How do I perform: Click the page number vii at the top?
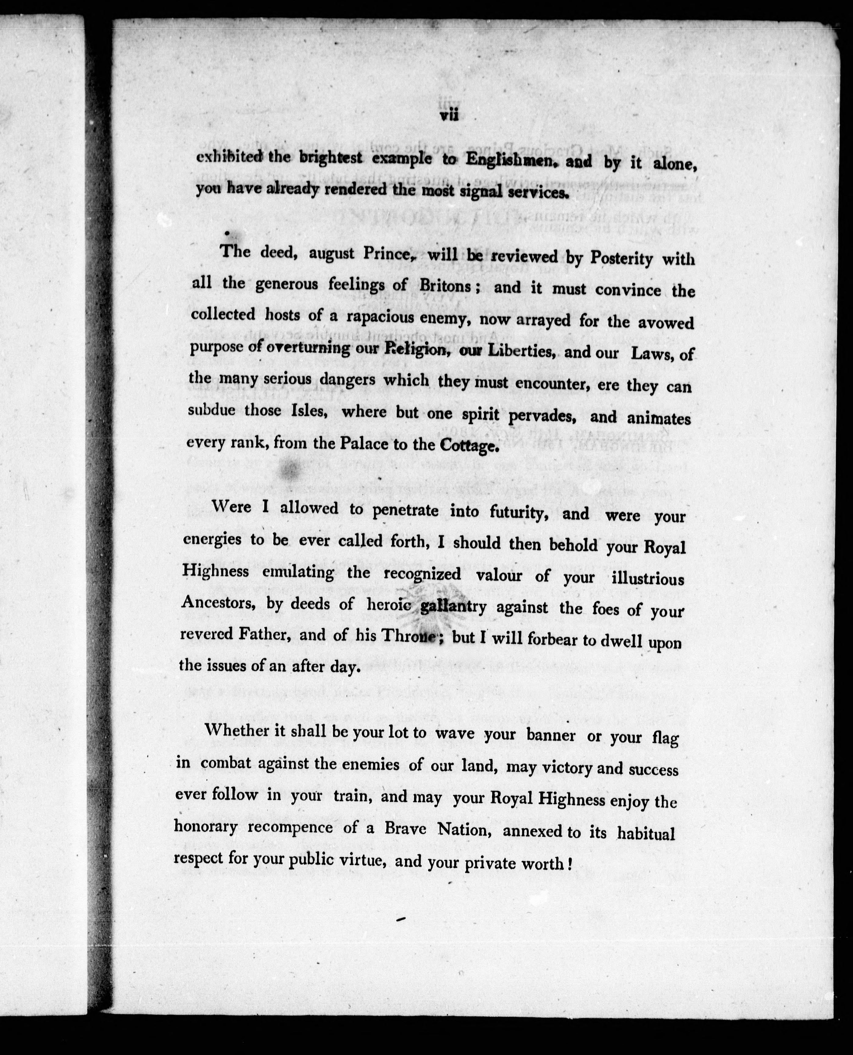449,115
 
